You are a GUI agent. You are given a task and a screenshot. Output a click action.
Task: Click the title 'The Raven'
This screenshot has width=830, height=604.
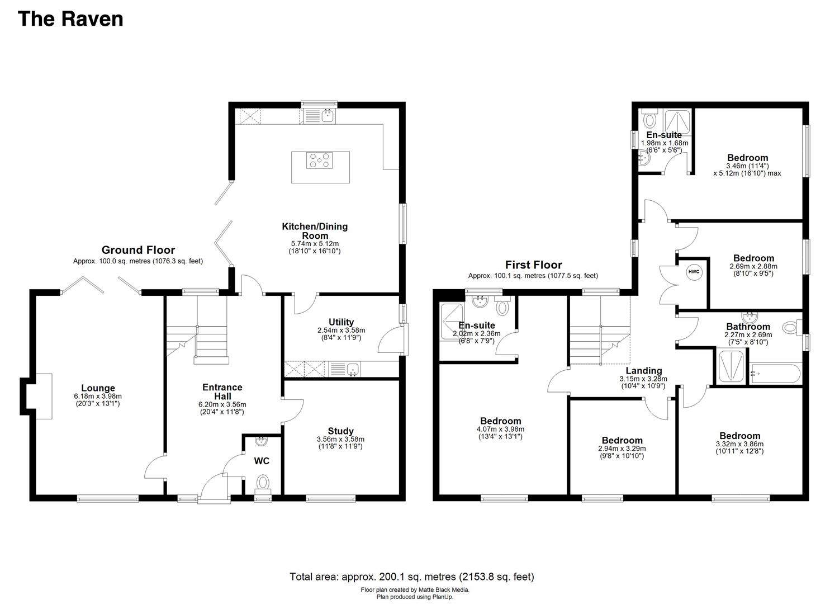70,19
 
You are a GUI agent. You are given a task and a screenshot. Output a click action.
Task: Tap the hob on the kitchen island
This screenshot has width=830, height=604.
319,161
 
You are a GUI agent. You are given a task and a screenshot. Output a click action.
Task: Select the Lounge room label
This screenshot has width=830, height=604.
98,388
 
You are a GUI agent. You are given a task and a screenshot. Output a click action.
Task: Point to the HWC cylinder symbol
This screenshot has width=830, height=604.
694,272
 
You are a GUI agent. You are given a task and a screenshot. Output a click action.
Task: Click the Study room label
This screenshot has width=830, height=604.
340,431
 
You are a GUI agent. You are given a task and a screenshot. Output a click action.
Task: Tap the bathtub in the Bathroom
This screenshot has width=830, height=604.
776,374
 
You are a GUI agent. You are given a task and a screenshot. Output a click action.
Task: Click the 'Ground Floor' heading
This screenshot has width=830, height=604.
138,250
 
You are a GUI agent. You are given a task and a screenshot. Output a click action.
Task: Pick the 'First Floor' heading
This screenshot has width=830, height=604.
534,265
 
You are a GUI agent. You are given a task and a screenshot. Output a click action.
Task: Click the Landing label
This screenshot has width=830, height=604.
644,370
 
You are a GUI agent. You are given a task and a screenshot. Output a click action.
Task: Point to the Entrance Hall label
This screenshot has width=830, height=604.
222,391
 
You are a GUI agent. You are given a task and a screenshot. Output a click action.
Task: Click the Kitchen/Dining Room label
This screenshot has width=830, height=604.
315,230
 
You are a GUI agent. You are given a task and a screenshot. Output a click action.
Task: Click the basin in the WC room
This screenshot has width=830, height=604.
262,441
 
